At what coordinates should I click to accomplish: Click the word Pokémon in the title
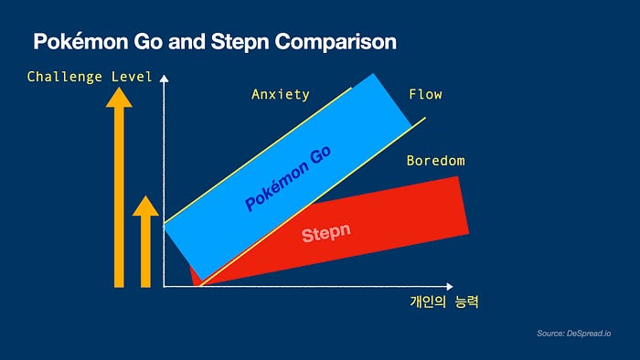(80, 42)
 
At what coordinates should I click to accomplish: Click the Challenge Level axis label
(90, 77)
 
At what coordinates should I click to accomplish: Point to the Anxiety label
(281, 95)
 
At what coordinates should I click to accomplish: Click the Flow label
(425, 95)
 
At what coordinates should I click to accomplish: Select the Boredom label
(436, 161)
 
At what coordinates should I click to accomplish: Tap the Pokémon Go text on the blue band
(288, 178)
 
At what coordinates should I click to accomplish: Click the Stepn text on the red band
(326, 233)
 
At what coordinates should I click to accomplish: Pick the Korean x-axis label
(444, 302)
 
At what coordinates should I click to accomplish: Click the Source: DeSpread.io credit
(574, 334)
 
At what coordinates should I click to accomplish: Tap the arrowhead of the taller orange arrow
(119, 98)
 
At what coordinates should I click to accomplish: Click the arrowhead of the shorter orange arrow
(145, 206)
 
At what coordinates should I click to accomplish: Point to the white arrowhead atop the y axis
(164, 79)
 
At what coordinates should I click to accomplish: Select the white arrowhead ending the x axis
(450, 287)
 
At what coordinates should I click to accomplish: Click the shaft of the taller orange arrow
(119, 197)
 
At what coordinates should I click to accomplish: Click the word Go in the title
(148, 42)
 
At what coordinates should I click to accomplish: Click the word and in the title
(187, 42)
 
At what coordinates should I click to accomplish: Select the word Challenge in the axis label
(65, 77)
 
